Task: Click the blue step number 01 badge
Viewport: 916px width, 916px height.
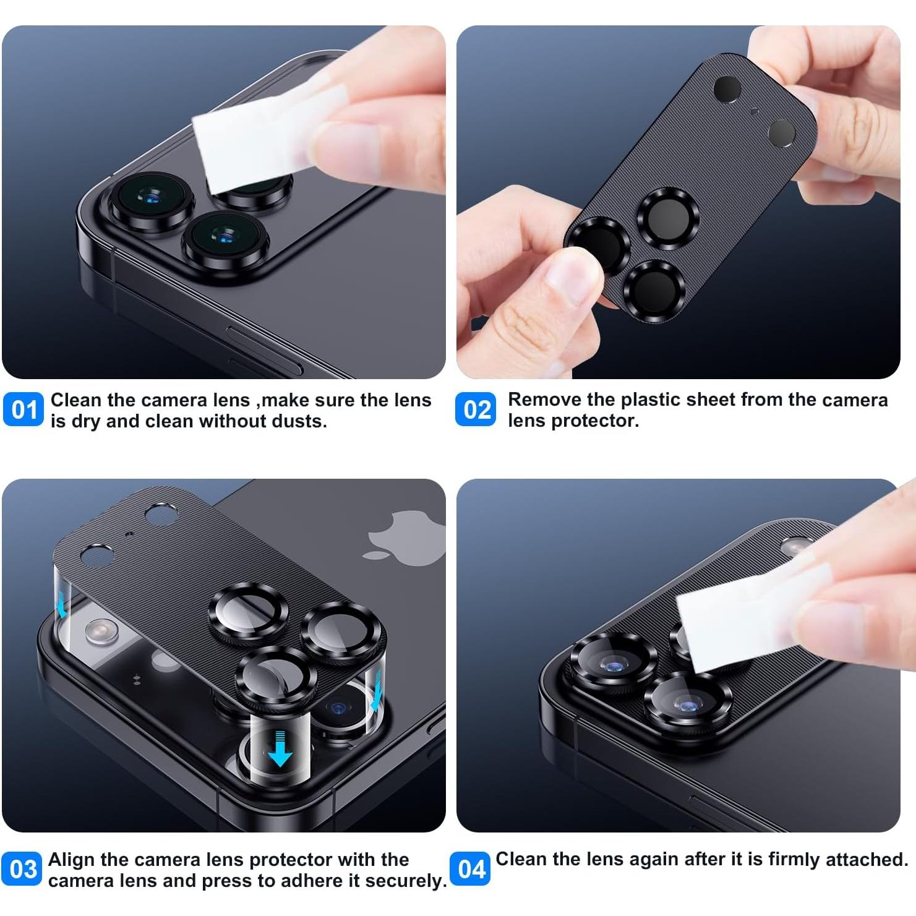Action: (24, 409)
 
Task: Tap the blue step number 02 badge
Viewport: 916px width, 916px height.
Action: (476, 409)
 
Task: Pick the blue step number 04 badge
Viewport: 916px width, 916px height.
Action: (470, 868)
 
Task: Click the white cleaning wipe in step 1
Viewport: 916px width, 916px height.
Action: (260, 142)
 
